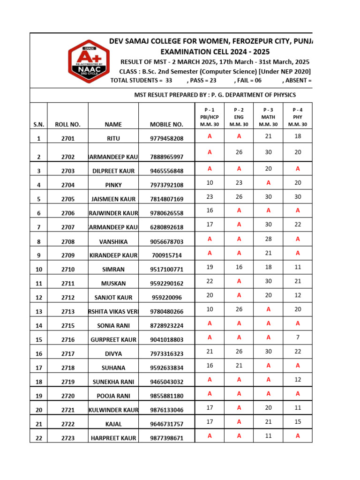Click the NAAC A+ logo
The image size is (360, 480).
click(x=87, y=60)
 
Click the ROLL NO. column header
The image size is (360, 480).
click(x=67, y=125)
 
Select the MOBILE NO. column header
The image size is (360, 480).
click(x=166, y=125)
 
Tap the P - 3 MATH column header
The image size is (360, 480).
click(x=268, y=117)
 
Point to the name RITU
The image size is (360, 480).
click(x=113, y=139)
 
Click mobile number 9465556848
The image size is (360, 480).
click(x=166, y=171)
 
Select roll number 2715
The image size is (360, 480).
click(x=67, y=326)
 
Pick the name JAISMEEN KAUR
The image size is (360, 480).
click(x=113, y=199)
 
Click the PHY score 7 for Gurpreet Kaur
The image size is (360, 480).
click(x=298, y=337)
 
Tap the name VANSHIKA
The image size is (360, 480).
click(x=113, y=242)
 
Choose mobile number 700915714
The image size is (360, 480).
click(x=166, y=255)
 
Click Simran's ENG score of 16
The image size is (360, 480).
click(x=239, y=267)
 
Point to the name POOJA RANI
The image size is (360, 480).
click(x=113, y=396)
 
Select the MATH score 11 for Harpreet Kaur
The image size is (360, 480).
click(x=268, y=436)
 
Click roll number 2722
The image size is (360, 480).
click(x=67, y=424)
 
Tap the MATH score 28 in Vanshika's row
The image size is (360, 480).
click(x=268, y=239)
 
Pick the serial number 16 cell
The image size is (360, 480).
click(x=38, y=354)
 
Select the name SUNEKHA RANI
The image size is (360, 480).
click(x=113, y=382)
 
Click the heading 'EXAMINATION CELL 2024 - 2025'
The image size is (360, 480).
click(x=215, y=52)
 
